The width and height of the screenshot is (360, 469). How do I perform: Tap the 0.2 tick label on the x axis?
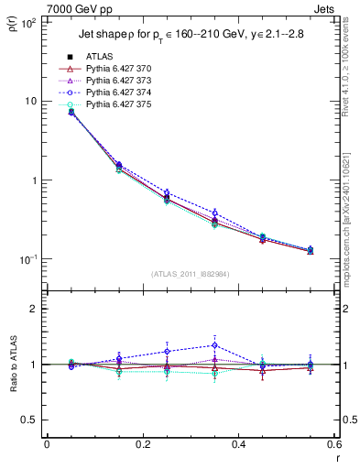[x=143, y=444]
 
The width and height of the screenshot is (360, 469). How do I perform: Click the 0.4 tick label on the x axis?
[x=239, y=444]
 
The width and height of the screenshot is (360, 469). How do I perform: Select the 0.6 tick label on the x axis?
[x=333, y=444]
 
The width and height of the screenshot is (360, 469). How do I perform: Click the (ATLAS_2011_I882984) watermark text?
[x=191, y=274]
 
